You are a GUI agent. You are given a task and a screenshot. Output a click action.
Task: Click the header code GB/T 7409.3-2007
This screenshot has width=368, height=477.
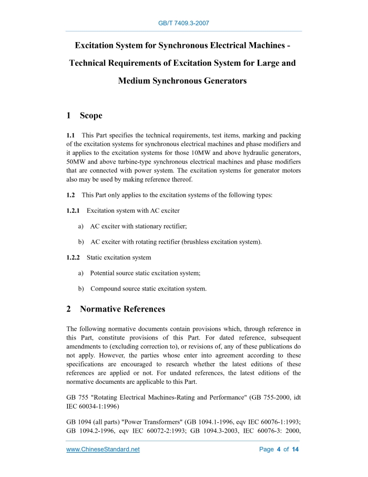184,23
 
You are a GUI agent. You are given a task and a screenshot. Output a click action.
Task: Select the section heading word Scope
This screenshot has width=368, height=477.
91,115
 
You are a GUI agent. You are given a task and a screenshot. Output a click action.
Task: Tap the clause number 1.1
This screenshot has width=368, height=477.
70,135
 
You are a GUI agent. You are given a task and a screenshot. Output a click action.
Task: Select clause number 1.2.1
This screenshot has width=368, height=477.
73,211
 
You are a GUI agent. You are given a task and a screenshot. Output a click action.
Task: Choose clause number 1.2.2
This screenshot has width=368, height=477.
73,257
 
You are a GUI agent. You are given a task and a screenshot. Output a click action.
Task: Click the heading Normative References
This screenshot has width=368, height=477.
122,309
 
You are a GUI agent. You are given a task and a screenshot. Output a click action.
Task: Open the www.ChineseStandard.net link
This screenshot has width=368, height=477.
103,450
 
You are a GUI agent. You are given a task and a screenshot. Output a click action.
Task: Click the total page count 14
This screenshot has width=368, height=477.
295,450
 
